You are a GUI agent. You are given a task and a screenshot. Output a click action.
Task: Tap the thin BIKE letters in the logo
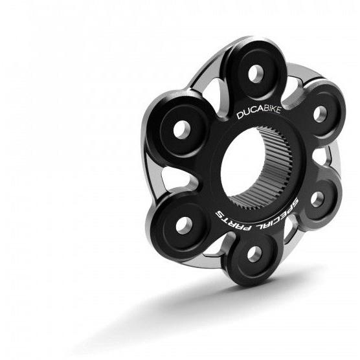[x=272, y=110]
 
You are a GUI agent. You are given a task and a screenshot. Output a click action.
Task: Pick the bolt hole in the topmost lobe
[x=256, y=74]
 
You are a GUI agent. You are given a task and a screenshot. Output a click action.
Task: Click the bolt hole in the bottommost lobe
[x=254, y=254]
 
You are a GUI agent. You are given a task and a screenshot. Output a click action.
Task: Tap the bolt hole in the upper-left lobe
[x=181, y=129]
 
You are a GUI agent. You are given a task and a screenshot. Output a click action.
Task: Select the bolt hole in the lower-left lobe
[x=184, y=226]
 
